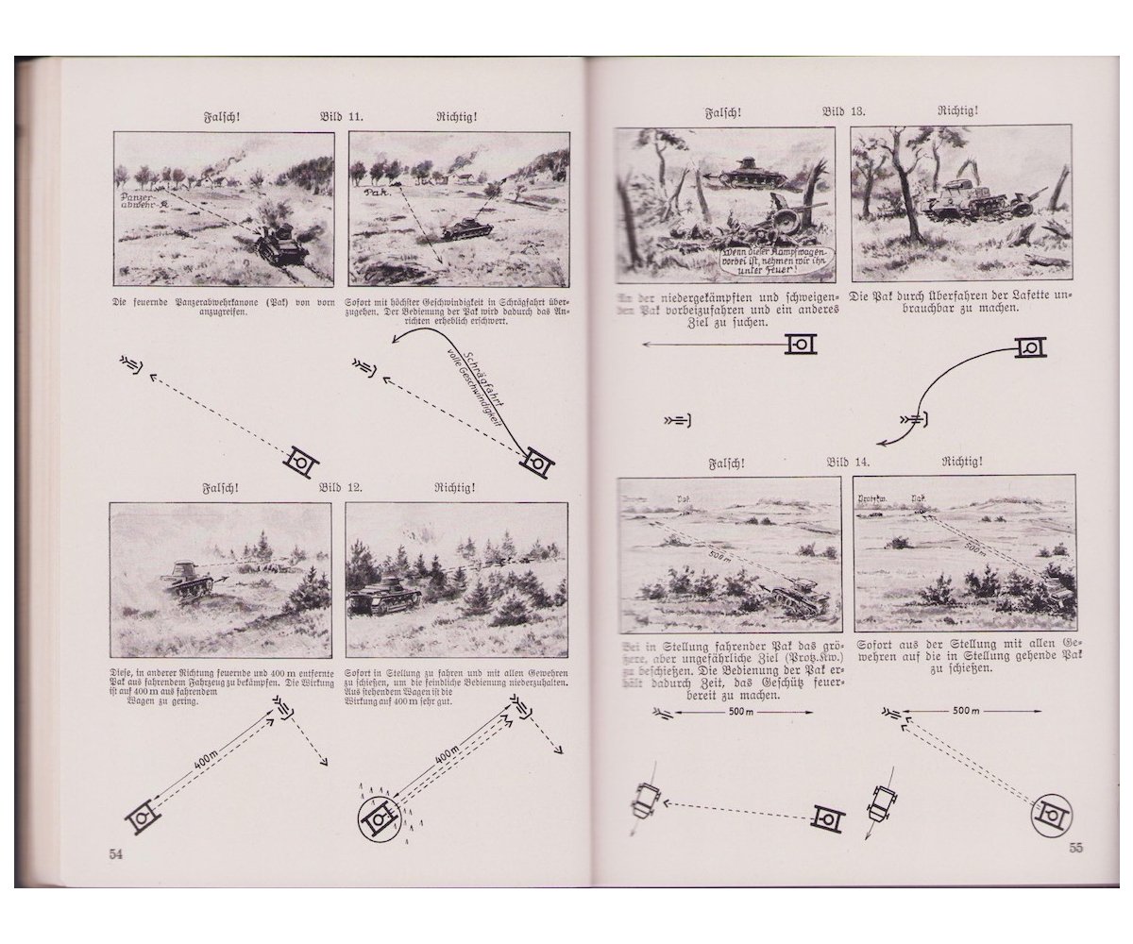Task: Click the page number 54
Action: point(117,853)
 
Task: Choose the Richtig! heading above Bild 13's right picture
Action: point(957,110)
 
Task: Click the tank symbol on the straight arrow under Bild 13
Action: point(802,345)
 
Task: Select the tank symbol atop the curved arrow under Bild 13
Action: point(1030,348)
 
